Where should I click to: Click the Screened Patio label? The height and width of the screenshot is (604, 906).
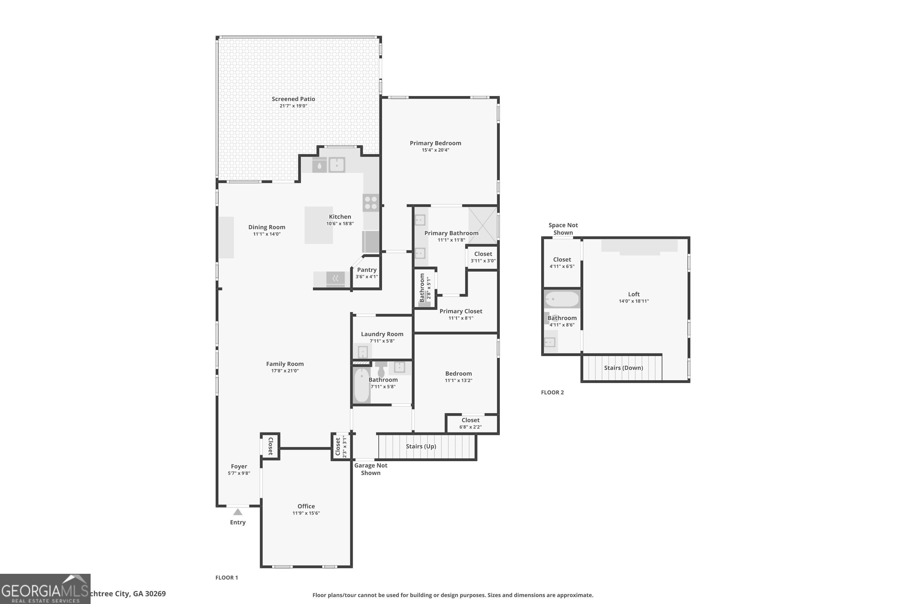pos(293,99)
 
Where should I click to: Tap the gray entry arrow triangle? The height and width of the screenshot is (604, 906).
pos(238,512)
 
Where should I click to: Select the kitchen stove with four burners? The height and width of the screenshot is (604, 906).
pos(371,203)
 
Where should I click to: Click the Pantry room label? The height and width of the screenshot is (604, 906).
pos(366,270)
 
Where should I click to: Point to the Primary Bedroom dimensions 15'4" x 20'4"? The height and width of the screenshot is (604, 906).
pos(435,150)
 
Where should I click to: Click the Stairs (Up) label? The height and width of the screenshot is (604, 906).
pos(421,446)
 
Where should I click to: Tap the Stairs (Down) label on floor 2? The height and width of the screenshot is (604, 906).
pos(623,368)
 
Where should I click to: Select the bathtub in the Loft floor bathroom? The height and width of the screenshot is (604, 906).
pos(562,299)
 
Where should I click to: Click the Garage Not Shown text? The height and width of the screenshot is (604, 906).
pos(371,469)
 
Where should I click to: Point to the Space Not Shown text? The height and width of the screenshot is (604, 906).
pos(563,229)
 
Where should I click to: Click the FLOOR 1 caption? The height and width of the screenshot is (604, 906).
pos(226,577)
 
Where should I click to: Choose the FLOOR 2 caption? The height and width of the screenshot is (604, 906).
pos(552,392)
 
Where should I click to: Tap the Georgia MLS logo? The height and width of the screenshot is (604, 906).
pos(45,589)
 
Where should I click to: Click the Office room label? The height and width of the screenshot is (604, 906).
pos(306,506)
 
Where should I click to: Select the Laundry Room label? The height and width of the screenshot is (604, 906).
pos(382,334)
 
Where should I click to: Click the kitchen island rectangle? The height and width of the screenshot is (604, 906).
pos(318,225)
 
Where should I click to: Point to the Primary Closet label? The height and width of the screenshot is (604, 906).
pos(461,311)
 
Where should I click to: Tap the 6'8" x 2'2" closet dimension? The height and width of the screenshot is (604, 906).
pos(470,427)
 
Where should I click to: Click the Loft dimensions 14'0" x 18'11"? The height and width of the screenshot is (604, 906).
pos(634,301)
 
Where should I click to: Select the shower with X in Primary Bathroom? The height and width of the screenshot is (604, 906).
pos(483,226)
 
